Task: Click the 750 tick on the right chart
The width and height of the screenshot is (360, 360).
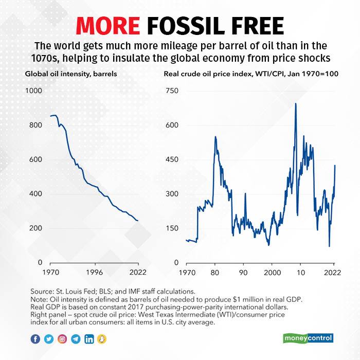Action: point(172,91)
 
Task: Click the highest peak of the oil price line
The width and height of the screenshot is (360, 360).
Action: point(295,104)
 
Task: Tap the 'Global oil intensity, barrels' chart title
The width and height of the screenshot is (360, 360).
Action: point(71,74)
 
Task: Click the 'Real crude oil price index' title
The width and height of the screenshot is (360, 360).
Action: point(250,74)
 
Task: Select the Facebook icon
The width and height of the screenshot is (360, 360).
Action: point(35,338)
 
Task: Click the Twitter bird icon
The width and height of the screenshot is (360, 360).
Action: point(49,338)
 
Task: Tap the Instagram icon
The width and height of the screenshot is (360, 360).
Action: point(62,338)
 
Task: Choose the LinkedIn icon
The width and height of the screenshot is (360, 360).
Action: point(89,338)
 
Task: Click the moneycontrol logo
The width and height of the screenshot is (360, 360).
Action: point(308,338)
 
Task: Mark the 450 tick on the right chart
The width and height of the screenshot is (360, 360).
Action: point(172,159)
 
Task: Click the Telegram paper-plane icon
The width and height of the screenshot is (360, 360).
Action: point(76,338)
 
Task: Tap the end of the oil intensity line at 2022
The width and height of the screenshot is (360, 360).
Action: point(137,221)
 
